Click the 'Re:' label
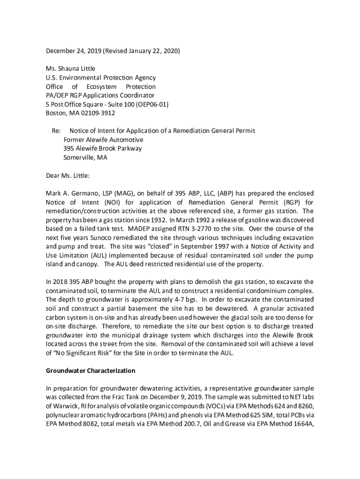pos(56,131)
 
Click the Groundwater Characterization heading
pos(90,371)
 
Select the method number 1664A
pos(303,424)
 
